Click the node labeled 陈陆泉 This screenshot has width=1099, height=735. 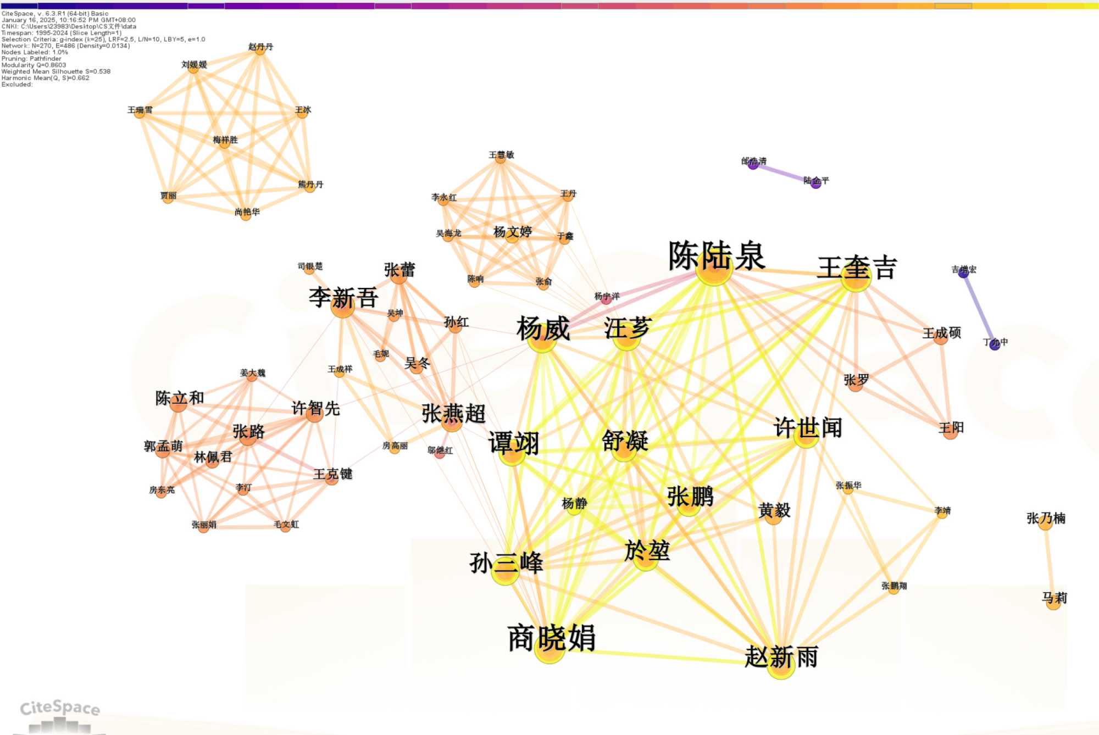coord(716,257)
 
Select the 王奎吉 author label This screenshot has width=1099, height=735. coord(857,269)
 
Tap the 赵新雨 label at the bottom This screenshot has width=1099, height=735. coord(781,657)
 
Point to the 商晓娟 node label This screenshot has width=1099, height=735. coord(551,638)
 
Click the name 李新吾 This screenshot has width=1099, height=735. coord(343,298)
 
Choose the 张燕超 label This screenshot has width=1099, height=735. coord(453,414)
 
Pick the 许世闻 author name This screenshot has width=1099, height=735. coord(807,427)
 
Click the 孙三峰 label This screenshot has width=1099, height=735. coord(506,563)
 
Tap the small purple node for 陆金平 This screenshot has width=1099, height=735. coord(816,183)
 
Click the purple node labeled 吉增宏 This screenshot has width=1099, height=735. coord(963,272)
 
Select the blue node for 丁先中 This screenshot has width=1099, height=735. coord(995,345)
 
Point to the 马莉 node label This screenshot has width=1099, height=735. coord(1054,598)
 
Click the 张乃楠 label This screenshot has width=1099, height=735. coord(1046,518)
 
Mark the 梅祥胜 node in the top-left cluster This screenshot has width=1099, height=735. coord(225,140)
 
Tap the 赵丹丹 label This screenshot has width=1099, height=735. coord(260,47)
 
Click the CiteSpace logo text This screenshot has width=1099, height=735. coord(60,708)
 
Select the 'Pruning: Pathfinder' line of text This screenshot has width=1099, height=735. coord(31,59)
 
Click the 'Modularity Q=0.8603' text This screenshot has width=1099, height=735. coord(34,65)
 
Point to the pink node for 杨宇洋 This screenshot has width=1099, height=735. coord(606,299)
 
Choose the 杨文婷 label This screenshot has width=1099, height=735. coord(512,232)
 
